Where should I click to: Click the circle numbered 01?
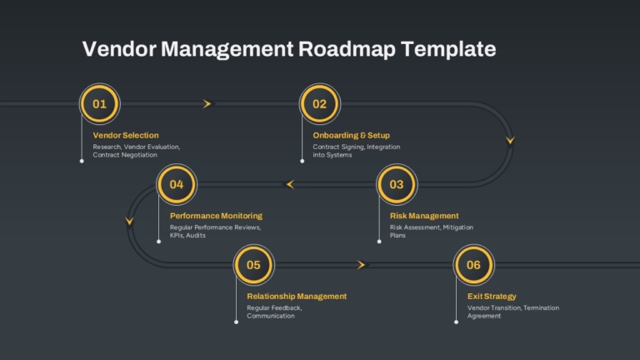[100, 104]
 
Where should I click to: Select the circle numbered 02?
[320, 104]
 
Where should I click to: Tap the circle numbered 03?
[397, 184]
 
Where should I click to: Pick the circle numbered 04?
[177, 184]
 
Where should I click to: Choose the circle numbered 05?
[254, 265]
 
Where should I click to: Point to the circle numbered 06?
[474, 265]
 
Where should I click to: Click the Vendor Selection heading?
[126, 135]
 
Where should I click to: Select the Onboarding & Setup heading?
[352, 135]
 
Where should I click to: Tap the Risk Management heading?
[424, 216]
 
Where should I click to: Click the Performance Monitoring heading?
[216, 216]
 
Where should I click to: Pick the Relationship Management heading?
[297, 297]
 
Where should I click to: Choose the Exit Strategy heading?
[492, 297]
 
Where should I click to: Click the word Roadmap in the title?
[347, 49]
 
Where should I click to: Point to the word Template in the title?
[448, 49]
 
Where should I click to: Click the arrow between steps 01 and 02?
[207, 104]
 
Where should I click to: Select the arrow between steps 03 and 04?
[290, 184]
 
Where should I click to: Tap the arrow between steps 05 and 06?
[362, 265]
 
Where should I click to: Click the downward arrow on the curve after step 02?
[510, 140]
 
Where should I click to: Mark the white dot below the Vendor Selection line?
[82, 161]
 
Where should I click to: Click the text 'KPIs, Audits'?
[187, 236]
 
